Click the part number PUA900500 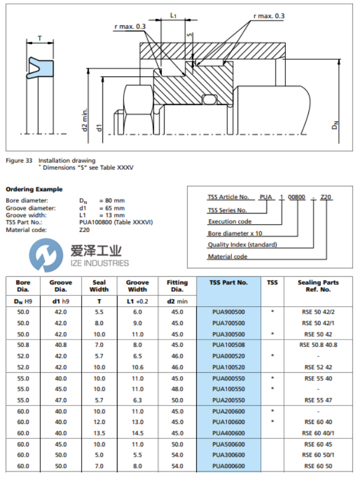[x=229, y=312]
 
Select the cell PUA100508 [x=229, y=345]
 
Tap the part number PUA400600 [x=229, y=433]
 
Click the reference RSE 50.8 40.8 [x=318, y=345]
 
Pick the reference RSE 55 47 [x=318, y=399]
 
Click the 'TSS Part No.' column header [x=229, y=282]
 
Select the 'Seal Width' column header [x=99, y=286]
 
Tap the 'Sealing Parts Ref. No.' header [x=318, y=286]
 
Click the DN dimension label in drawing [x=335, y=123]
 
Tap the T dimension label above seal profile [x=39, y=38]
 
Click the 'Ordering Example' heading [x=34, y=189]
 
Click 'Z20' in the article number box [x=325, y=197]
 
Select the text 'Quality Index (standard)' [x=242, y=244]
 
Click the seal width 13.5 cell [x=99, y=433]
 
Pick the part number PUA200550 [x=229, y=399]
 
